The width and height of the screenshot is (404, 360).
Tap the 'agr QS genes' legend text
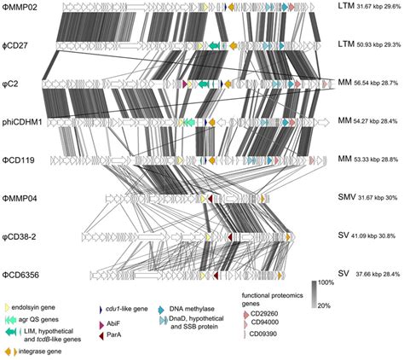point(43,316)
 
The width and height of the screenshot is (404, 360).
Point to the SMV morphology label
point(343,198)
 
